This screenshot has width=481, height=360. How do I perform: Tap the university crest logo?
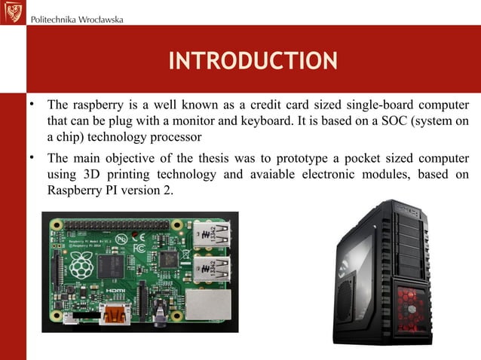[12, 12]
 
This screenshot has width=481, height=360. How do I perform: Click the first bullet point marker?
[32, 105]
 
